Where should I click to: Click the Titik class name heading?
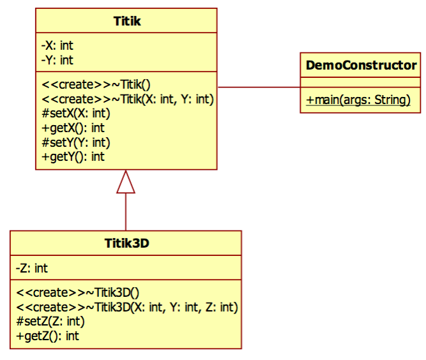coord(126,22)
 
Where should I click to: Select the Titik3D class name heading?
coord(126,243)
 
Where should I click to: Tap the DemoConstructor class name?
coord(361,65)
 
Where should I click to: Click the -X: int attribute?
coord(57,46)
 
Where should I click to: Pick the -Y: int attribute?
coord(57,60)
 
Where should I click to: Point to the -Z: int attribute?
coord(32,268)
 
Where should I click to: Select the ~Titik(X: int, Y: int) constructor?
coord(127,99)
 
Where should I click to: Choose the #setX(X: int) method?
coord(75,114)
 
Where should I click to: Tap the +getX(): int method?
coord(73,128)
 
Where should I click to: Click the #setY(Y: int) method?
coord(75,142)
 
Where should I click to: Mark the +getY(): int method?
coord(73,156)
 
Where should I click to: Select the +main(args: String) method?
coord(358,100)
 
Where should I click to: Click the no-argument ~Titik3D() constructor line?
coord(77,292)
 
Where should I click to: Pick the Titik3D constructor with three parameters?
coord(127,307)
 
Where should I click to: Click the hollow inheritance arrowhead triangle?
coord(126,183)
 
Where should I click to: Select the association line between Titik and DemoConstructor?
coord(259,87)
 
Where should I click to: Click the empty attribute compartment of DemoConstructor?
coord(361,81)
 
